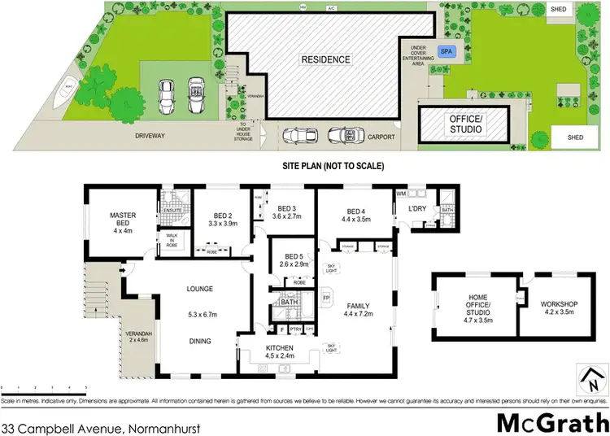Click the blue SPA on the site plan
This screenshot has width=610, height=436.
(446, 51)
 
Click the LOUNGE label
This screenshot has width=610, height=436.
(199, 288)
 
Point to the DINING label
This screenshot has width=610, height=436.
(199, 342)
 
